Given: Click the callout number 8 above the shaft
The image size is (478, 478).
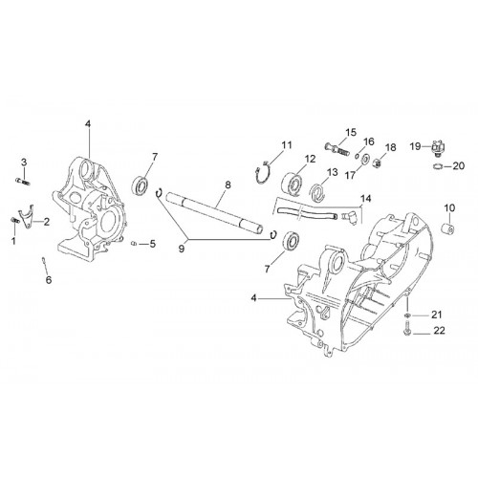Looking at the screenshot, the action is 228,185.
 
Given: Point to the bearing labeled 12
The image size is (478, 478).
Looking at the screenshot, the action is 293,184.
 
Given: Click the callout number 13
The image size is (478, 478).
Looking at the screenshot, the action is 332,172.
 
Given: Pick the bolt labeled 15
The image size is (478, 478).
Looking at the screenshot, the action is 337,148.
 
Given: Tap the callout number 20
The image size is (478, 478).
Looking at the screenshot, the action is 459,165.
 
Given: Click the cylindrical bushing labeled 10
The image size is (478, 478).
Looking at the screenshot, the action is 448,228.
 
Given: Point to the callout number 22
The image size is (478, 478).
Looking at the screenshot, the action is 439,331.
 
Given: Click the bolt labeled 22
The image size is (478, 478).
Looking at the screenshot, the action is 407,328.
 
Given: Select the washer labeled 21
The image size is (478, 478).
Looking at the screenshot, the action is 407,315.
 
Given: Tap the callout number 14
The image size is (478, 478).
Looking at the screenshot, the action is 366,199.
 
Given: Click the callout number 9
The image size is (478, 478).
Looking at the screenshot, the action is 182,249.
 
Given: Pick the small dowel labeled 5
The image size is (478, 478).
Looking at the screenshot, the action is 134,244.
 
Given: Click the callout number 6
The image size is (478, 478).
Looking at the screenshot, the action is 49,280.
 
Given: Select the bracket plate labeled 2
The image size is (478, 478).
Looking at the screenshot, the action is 26,216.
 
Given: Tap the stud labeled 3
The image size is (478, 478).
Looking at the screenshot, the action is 22,182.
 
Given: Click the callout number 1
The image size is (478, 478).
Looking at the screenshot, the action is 13,241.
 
